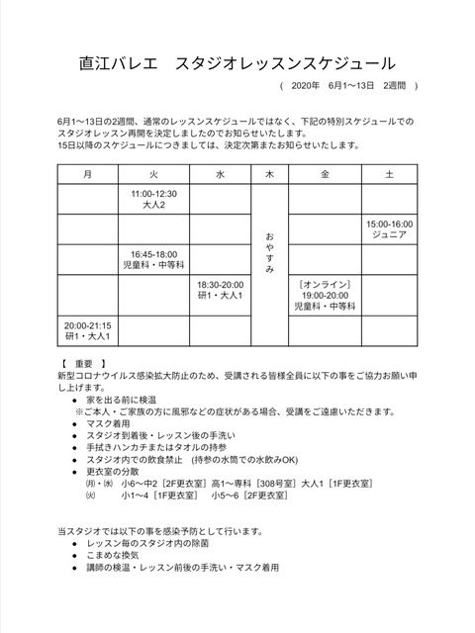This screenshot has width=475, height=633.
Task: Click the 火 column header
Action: (x=153, y=174)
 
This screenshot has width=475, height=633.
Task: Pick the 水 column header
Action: (x=220, y=174)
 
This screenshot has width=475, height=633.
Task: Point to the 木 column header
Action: (x=269, y=174)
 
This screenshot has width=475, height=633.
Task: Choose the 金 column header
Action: (x=326, y=174)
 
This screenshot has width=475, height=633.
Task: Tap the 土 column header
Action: (x=391, y=174)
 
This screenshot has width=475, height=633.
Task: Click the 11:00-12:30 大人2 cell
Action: (x=153, y=200)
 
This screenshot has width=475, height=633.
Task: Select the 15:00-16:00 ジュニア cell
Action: (x=391, y=230)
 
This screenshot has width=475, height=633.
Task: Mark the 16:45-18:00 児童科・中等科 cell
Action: (x=153, y=259)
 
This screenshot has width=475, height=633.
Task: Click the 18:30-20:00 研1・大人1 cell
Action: (x=220, y=289)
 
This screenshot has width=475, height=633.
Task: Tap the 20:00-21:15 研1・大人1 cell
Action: (x=88, y=329)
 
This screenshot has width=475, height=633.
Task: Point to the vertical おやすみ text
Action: (x=269, y=254)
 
